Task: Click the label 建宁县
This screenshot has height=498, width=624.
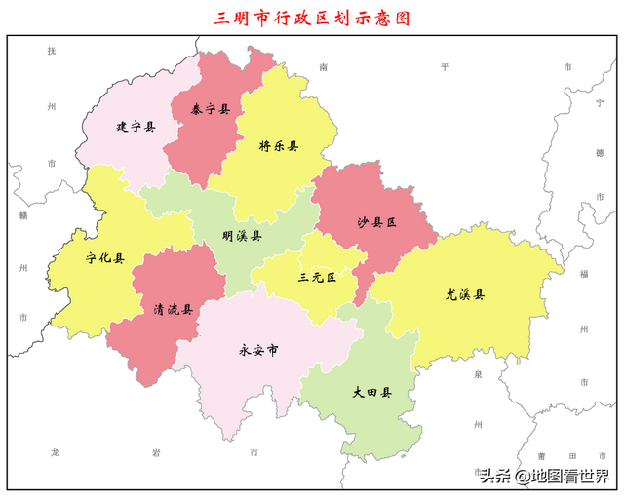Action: coord(136,127)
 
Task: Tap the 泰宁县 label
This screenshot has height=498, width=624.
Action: coord(211,110)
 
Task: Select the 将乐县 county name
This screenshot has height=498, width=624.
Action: coord(278,146)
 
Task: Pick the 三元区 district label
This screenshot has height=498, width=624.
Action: coord(317,278)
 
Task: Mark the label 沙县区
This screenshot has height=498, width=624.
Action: coord(376,222)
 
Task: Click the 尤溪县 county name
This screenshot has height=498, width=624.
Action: coord(465,294)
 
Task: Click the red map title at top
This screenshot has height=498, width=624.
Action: coord(312,17)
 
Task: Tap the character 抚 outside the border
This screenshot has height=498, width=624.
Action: coord(52,51)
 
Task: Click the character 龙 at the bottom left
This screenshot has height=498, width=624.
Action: coord(55,453)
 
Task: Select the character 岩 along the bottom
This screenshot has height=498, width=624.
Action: coord(156,453)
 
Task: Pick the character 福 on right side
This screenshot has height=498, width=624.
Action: coord(584,274)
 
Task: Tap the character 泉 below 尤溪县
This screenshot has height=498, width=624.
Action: coord(479,373)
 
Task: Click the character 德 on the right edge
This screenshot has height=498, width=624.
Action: coord(600,153)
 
